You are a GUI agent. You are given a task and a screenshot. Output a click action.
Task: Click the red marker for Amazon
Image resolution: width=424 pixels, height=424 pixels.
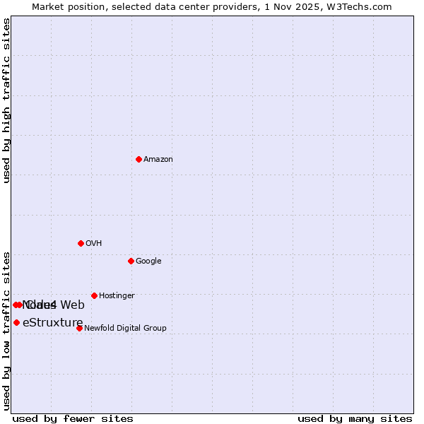139,159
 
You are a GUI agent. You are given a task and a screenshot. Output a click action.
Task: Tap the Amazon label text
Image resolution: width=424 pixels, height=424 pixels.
158,160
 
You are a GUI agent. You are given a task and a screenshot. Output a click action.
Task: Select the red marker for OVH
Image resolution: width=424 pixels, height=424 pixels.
81,243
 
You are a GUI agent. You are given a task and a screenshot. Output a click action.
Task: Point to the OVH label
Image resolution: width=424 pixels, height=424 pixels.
94,244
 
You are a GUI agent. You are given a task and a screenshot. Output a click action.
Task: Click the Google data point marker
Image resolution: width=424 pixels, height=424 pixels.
131,261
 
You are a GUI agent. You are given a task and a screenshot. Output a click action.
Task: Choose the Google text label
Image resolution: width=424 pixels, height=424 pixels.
148,261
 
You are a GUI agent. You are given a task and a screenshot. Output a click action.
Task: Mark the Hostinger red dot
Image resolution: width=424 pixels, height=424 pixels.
94,295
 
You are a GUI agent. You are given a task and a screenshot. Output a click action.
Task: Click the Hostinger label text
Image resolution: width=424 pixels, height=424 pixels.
117,296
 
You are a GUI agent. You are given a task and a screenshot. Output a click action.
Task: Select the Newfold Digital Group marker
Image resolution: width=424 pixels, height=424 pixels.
79,328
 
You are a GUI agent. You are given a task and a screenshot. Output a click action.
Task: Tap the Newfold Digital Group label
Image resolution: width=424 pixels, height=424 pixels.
125,329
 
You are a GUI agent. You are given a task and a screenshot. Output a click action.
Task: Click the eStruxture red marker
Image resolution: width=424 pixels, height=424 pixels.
16,322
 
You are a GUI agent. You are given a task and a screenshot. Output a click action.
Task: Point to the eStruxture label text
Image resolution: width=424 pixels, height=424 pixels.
52,323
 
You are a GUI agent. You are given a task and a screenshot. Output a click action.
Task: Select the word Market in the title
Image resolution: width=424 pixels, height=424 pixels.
48,7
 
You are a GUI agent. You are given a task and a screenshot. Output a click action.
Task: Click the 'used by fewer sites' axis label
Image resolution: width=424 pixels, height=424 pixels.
73,419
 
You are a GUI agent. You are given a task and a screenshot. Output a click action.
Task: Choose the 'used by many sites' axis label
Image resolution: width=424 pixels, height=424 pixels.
355,419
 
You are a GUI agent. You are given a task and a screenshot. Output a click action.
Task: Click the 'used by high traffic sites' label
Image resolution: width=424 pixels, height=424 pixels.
7,100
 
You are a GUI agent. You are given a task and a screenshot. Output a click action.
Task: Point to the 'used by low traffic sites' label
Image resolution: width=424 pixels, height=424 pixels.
7,330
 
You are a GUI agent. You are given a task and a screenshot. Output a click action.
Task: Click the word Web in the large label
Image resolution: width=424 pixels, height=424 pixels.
72,305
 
